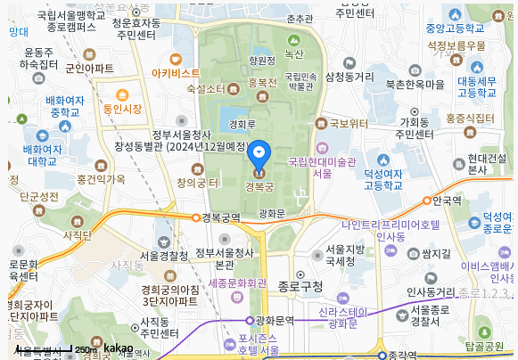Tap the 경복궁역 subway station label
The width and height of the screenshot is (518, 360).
[x=220, y=217]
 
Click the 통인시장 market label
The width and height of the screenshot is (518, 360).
[x=122, y=109]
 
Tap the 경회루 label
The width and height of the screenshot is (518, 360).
[x=243, y=125]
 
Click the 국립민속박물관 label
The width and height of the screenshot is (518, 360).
[x=300, y=81]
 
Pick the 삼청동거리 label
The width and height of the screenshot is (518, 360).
[x=349, y=78]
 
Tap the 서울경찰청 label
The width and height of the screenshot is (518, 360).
[x=164, y=256]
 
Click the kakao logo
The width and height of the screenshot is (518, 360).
[x=118, y=348]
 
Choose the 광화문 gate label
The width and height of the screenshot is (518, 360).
[x=271, y=213]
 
